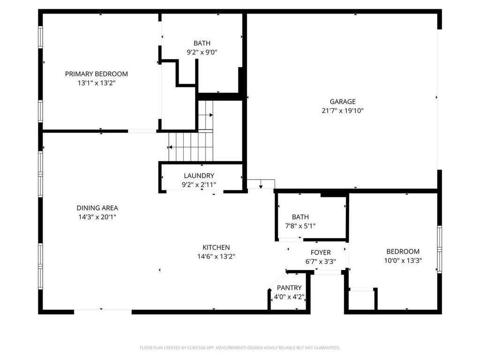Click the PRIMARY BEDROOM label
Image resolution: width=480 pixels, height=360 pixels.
(x=96, y=74)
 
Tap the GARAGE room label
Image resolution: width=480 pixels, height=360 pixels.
(x=342, y=101)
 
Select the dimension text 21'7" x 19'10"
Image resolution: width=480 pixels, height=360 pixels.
(x=342, y=111)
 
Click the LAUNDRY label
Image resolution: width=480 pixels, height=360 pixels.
(x=199, y=176)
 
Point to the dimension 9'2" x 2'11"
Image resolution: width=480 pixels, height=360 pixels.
(x=199, y=185)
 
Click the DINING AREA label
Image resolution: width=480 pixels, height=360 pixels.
(x=97, y=208)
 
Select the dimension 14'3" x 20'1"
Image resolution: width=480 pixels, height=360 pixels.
(x=97, y=217)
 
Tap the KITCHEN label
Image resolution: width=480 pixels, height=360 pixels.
(x=216, y=247)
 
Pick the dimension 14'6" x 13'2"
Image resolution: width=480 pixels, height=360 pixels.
(x=216, y=256)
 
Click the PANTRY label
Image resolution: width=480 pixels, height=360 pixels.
(x=289, y=288)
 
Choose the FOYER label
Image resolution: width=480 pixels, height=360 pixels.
(x=320, y=253)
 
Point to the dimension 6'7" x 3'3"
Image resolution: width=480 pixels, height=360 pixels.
(x=320, y=262)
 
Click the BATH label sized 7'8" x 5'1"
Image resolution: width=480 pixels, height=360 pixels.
(x=300, y=217)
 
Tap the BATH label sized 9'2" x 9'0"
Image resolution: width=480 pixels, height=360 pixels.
(x=202, y=43)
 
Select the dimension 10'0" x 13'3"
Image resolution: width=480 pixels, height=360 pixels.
(x=403, y=261)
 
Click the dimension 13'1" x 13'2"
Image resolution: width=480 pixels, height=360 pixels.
(x=96, y=83)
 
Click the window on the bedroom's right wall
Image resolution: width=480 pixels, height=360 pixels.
(x=439, y=249)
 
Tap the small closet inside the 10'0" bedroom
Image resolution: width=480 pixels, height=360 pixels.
(x=362, y=300)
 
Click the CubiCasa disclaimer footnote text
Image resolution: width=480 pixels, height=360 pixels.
(x=240, y=348)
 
